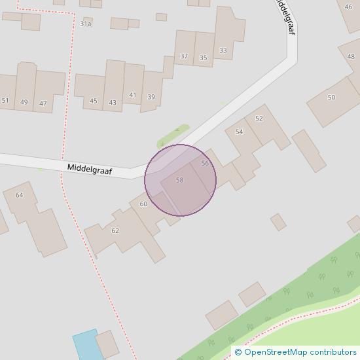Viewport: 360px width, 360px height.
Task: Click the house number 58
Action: click(x=179, y=180)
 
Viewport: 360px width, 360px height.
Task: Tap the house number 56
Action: click(x=205, y=163)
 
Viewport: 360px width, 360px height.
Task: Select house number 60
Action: click(x=143, y=204)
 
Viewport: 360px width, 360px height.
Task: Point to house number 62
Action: click(x=115, y=230)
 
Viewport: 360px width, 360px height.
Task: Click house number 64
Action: click(x=19, y=195)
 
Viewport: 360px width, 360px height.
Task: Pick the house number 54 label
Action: click(x=239, y=132)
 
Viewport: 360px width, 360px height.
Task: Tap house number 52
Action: click(x=259, y=118)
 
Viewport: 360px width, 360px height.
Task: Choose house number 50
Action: click(x=331, y=98)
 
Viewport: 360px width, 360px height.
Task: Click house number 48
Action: click(x=351, y=56)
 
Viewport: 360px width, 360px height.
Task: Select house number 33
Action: click(x=223, y=50)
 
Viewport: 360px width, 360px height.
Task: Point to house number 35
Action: click(x=203, y=58)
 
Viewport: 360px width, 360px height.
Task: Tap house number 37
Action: click(x=184, y=56)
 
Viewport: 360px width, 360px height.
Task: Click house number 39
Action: click(x=151, y=97)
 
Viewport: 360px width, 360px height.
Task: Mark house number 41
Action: click(x=132, y=95)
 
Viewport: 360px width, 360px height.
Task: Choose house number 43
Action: click(x=113, y=101)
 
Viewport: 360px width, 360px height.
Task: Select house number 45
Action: click(x=94, y=101)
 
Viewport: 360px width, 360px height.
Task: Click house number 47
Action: click(x=43, y=103)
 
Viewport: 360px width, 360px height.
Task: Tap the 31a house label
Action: click(x=86, y=24)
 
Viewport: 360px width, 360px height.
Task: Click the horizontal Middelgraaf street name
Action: click(x=90, y=169)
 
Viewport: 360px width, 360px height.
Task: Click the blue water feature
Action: click(x=85, y=344)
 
